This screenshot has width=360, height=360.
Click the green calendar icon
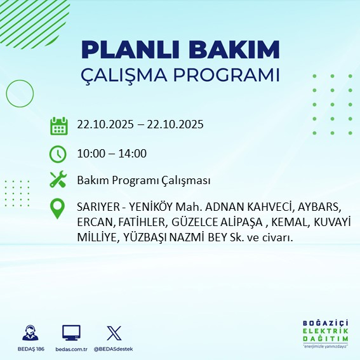tap(58, 125)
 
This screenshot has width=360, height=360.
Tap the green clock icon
tap(58, 153)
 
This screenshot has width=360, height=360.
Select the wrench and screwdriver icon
tap(58, 180)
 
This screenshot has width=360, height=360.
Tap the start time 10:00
tap(91, 153)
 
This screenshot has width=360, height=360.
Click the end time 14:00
tap(133, 153)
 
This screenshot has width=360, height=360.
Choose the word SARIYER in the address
tap(97, 208)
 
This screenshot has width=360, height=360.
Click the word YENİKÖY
tap(154, 208)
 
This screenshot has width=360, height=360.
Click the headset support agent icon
tap(29, 333)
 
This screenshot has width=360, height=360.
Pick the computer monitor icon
tap(71, 333)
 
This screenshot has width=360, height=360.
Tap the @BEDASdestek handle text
tap(114, 349)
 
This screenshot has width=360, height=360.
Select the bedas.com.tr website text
tap(71, 349)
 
